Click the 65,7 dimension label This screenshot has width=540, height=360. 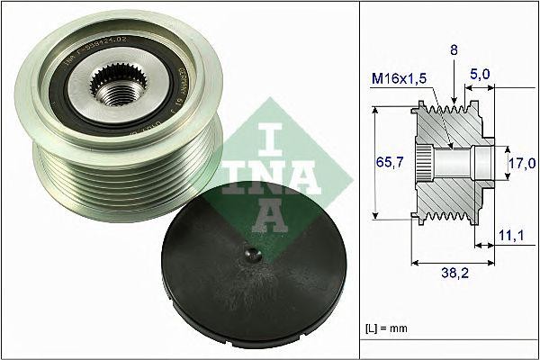[x=389, y=162]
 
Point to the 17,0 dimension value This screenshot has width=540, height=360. [x=523, y=163]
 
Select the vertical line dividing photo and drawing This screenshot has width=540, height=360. [x=360, y=180]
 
